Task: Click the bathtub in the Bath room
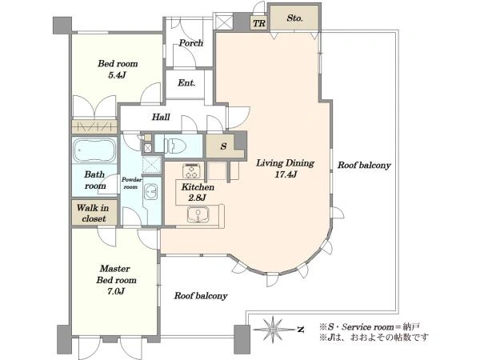(x=94, y=150)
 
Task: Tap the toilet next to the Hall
(x=175, y=146)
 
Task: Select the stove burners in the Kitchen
(x=191, y=170)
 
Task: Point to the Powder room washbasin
(x=150, y=192)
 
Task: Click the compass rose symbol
(x=272, y=329)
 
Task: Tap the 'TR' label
(x=259, y=23)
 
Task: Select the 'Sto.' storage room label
(x=294, y=18)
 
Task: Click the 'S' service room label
(x=223, y=146)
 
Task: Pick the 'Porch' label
(x=191, y=43)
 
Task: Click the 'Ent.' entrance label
(x=186, y=82)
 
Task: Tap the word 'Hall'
(x=161, y=117)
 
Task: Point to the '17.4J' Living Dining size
(x=286, y=174)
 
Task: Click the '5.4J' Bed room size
(x=117, y=75)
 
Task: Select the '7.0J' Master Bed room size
(x=116, y=291)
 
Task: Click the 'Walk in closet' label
(x=93, y=214)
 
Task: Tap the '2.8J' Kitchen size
(x=197, y=198)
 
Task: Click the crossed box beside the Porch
(x=223, y=21)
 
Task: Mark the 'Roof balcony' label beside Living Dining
(x=364, y=166)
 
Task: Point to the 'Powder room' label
(x=132, y=183)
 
